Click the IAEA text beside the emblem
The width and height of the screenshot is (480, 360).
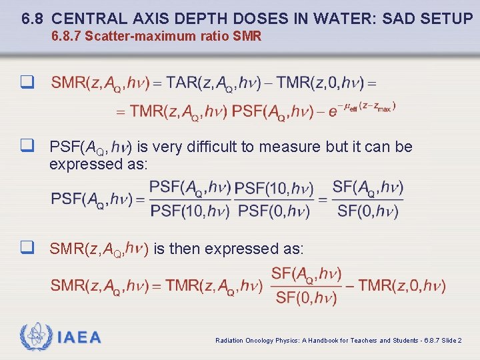[x=79, y=337]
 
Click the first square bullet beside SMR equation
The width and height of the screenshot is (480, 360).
[x=27, y=83]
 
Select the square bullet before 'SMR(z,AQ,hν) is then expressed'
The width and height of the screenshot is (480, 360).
[x=27, y=248]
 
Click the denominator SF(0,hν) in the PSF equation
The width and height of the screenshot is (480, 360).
[x=367, y=211]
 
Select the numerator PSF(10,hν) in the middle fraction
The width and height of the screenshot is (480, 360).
[x=274, y=189]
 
